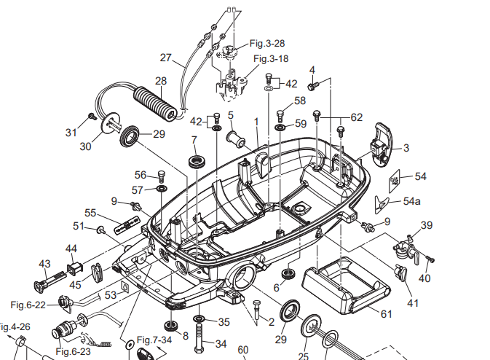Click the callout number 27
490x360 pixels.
pos(166,58)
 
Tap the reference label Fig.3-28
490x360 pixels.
pos(267,44)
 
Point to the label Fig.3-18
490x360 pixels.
pos(271,58)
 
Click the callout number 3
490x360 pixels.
pos(406,148)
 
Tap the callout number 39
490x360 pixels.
pos(427,225)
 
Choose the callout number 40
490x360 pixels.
pos(424,278)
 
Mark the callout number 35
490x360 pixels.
pos(224,321)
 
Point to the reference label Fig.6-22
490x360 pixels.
pos(28,304)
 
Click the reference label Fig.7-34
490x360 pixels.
pos(157,340)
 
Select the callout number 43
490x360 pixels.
pos(45,263)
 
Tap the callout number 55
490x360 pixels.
pos(90,213)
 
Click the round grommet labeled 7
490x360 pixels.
pos(196,160)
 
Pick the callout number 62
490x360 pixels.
pos(356,117)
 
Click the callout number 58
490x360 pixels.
pos(300,101)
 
